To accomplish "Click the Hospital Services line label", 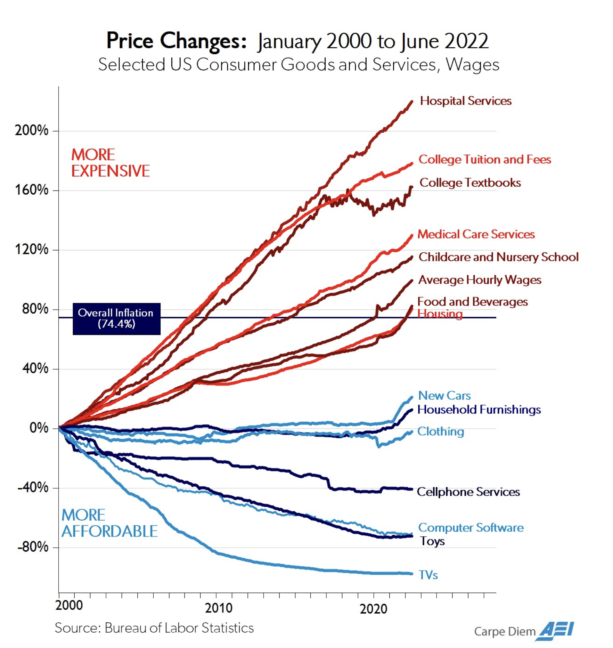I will tap(466, 101).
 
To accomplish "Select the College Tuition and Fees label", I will tap(485, 159).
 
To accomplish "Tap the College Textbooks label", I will tap(470, 182).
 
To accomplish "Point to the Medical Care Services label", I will tap(476, 234).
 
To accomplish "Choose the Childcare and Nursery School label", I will tap(498, 257).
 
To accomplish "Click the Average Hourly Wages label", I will tap(479, 280).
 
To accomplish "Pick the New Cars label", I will tap(445, 395).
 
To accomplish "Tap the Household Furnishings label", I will tap(479, 409).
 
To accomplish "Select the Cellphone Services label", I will tap(468, 491).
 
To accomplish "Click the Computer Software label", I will tap(470, 528).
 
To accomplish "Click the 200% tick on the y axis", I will tap(32, 131).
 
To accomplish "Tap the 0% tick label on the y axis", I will tap(39, 428).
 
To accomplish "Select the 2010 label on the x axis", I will tap(218, 608).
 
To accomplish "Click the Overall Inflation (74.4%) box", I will tap(116, 319).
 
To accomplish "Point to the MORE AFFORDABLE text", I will tap(110, 523).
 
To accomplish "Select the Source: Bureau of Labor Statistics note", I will tap(154, 628).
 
